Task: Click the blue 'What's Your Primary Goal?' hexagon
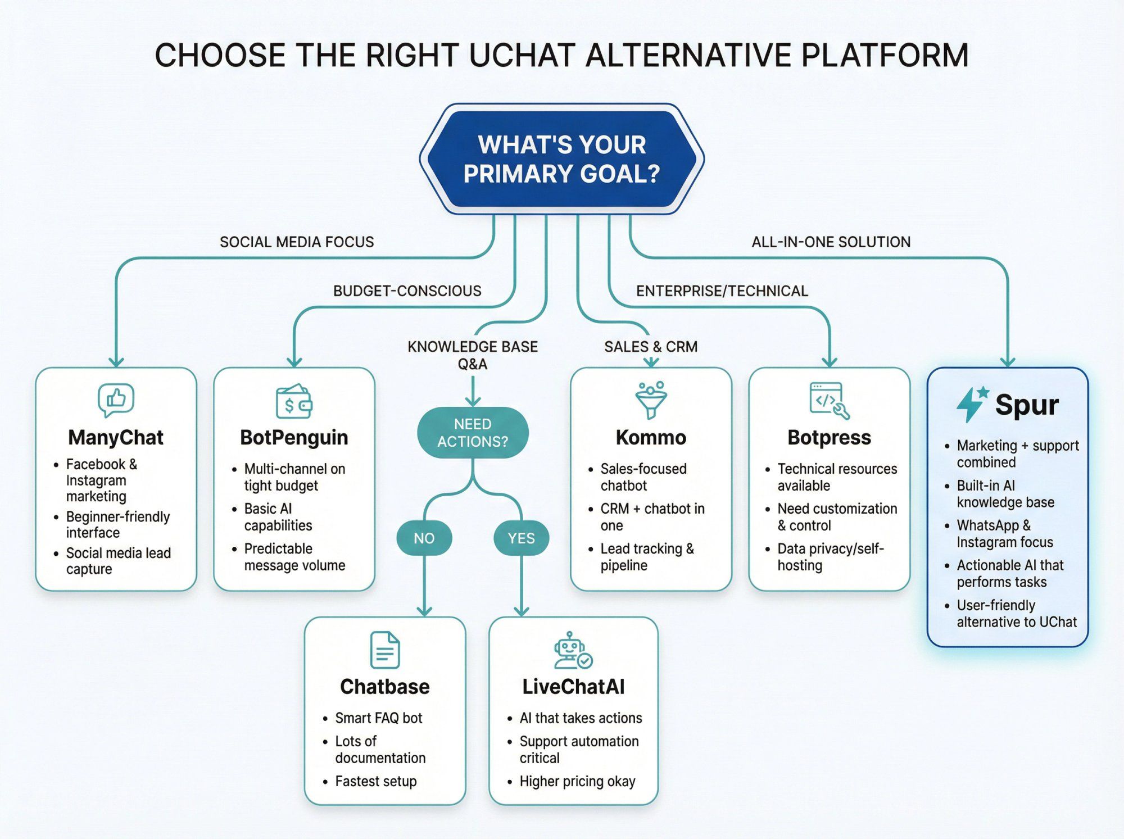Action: (x=561, y=159)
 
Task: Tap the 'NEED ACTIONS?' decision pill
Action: (x=473, y=433)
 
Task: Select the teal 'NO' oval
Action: (x=424, y=538)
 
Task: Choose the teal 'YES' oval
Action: (x=521, y=538)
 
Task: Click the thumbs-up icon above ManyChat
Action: (x=116, y=400)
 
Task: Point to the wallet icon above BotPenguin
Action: (x=294, y=402)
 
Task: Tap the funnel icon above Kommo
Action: (x=651, y=400)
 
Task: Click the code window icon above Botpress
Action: (x=829, y=401)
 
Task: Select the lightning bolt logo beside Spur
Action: (x=971, y=403)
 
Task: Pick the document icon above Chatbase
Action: (x=385, y=650)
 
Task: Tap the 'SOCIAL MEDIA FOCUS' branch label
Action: (x=297, y=242)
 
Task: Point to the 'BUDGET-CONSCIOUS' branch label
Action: (x=407, y=291)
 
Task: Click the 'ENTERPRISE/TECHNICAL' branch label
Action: (x=722, y=291)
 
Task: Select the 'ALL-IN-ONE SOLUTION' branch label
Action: (x=831, y=242)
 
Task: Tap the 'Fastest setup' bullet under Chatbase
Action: (x=375, y=781)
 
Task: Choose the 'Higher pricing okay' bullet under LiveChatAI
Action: (x=577, y=781)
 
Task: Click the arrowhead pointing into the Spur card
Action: (x=1008, y=361)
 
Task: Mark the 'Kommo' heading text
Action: (x=651, y=437)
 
